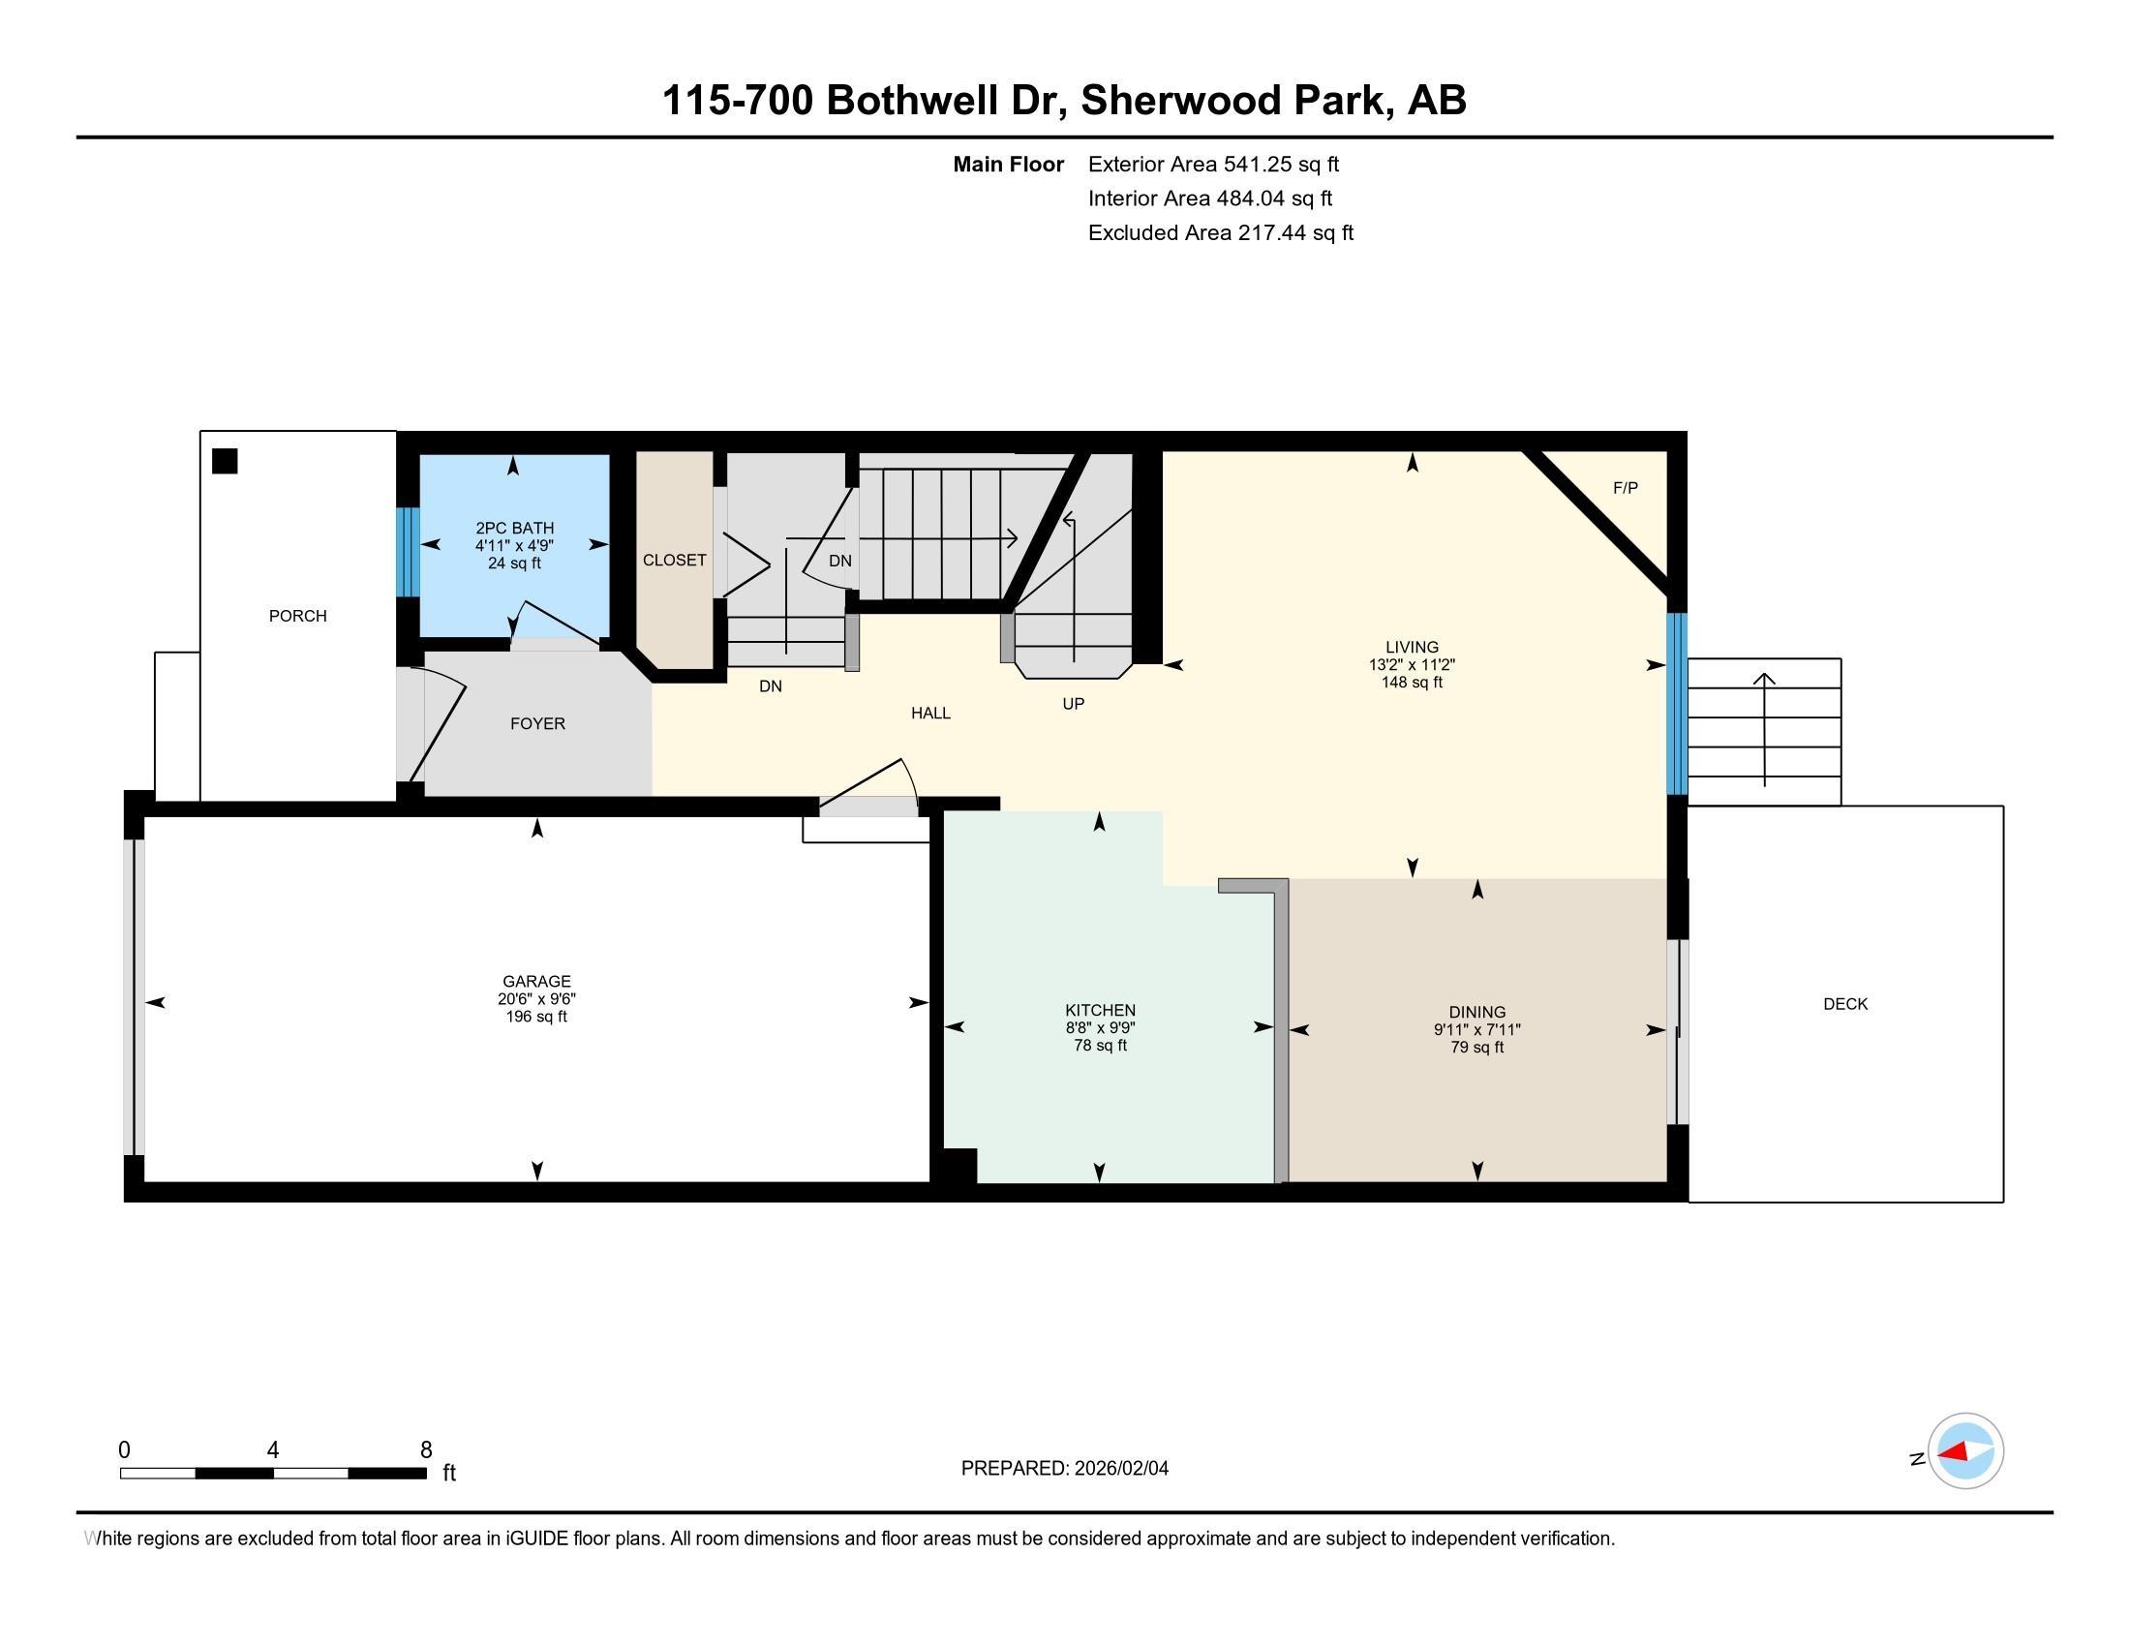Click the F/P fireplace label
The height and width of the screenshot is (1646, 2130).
tap(1625, 488)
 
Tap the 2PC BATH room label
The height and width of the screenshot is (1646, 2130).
tap(514, 528)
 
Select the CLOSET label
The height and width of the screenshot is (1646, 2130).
tap(674, 560)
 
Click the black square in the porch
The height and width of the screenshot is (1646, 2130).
tap(225, 461)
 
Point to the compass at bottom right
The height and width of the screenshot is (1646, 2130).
tap(1965, 1451)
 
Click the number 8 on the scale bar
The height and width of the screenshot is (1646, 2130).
tap(425, 1450)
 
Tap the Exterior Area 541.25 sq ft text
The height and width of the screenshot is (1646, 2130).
tap(1213, 164)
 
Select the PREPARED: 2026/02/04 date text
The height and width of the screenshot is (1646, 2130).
tap(1064, 1469)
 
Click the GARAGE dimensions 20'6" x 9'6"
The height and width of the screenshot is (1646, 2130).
tap(536, 998)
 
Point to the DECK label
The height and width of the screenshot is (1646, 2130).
tap(1845, 1003)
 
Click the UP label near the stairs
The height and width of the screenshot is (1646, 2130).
tap(1073, 703)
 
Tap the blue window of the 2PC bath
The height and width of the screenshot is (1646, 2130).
tap(409, 552)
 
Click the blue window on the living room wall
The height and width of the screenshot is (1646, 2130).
tap(1677, 703)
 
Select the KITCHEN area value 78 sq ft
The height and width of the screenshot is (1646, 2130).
tap(1100, 1046)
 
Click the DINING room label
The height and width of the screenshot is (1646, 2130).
tap(1476, 1012)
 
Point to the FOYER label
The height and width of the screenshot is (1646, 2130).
tap(537, 723)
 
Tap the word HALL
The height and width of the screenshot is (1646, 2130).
tap(930, 713)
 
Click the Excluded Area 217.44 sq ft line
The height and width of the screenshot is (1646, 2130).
tap(1220, 232)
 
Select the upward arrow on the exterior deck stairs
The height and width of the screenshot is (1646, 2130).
tap(1764, 726)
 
